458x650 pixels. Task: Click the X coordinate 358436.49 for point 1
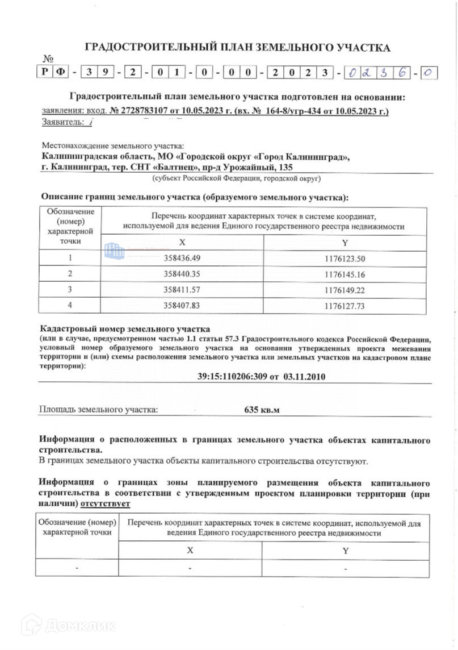[182, 258]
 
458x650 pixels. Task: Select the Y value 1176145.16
[344, 274]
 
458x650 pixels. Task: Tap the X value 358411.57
[182, 290]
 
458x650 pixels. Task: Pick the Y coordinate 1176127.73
[344, 306]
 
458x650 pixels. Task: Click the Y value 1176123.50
[344, 258]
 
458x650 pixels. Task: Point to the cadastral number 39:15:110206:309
[232, 376]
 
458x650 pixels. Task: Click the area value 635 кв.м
[262, 409]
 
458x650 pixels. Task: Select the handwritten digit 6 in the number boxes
[403, 73]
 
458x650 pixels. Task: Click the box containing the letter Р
[44, 72]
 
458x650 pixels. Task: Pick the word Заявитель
[61, 122]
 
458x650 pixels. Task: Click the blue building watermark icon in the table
[114, 249]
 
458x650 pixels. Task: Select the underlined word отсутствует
[106, 503]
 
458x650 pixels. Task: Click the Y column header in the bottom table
[345, 551]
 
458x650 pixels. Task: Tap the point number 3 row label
[70, 290]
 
